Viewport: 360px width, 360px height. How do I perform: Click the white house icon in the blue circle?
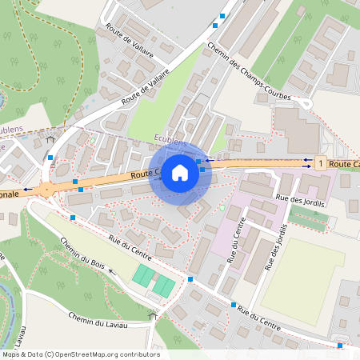click(x=180, y=172)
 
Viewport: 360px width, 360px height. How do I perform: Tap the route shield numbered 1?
click(x=321, y=163)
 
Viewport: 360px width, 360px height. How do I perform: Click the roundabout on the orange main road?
click(x=46, y=190)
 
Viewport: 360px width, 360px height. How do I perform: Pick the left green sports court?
click(x=144, y=277)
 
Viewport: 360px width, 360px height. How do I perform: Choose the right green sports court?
click(x=163, y=285)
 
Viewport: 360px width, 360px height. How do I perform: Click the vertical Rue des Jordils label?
click(x=276, y=241)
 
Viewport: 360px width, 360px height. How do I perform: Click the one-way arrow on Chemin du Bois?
click(x=112, y=272)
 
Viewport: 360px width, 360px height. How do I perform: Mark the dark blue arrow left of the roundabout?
click(x=28, y=190)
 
